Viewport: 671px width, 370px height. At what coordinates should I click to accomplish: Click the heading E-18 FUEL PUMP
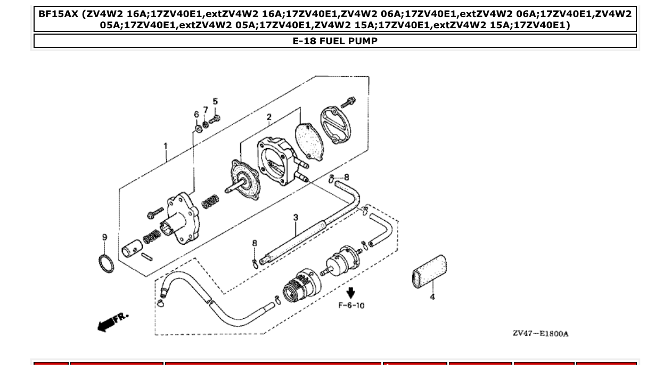point(335,41)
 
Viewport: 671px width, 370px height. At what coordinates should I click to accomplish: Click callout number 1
point(166,146)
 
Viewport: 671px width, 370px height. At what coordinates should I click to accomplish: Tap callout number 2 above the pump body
point(269,117)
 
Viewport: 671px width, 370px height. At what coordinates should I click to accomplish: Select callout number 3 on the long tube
point(296,218)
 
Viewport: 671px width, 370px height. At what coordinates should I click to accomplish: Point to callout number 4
point(432,297)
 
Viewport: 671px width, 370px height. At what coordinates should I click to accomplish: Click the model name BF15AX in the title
point(59,13)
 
